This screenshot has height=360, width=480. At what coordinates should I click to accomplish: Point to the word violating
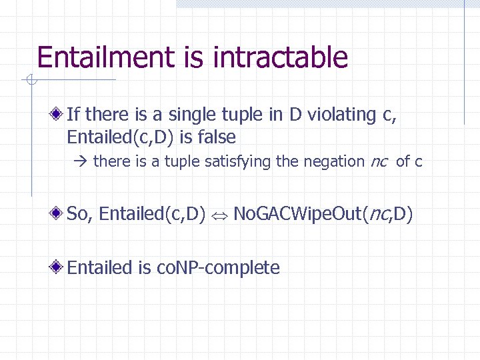pos(339,115)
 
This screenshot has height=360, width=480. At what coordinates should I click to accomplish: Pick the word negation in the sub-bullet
pos(335,161)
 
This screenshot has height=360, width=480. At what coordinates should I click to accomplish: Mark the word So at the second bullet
pos(77,214)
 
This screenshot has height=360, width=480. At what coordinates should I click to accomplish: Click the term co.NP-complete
pos(218,268)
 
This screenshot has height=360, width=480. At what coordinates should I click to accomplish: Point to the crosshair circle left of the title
pos(30,81)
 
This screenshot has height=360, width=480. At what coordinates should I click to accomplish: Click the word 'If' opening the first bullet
pos(74,115)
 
